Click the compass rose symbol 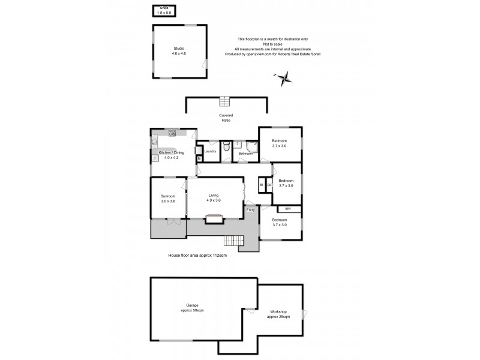(284, 76)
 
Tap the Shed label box (163, 10)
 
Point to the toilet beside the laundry (226, 147)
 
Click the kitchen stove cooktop (172, 131)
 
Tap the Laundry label (210, 151)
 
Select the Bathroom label (245, 154)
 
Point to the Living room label (214, 198)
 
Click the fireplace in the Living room (214, 220)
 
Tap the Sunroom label (168, 199)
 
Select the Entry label (251, 210)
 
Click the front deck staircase (232, 241)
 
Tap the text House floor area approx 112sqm (197, 256)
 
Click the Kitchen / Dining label (172, 155)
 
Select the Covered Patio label (226, 118)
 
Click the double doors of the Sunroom (173, 220)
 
